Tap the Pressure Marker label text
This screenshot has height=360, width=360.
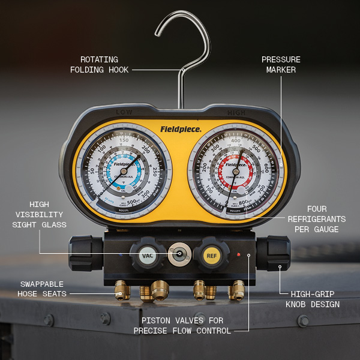(x=281, y=65)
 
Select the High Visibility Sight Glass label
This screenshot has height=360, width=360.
(x=37, y=214)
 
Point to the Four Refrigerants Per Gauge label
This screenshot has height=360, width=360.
(x=316, y=219)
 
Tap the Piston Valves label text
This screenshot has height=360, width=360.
(x=182, y=326)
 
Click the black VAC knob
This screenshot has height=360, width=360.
(x=147, y=255)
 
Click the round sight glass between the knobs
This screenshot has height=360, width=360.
(x=178, y=255)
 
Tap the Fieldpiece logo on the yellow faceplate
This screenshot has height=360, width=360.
(x=181, y=128)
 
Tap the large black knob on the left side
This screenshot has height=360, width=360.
(x=85, y=253)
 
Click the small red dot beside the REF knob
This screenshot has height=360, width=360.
(x=238, y=255)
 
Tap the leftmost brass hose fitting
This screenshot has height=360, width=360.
(x=122, y=291)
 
